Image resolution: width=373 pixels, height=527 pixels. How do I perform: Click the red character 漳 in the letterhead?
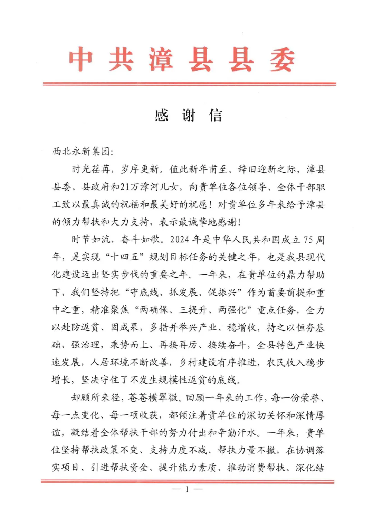point(161,60)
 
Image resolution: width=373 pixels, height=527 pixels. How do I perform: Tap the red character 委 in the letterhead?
point(282,60)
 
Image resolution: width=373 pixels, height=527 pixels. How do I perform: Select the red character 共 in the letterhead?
point(121,60)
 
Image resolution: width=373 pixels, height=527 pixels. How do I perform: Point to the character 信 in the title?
point(216,115)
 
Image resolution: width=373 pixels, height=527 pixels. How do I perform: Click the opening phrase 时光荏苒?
point(91,169)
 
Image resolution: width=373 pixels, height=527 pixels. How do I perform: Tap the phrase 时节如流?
point(91,239)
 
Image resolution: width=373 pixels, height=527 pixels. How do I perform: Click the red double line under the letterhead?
point(189,84)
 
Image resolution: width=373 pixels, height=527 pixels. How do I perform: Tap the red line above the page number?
point(188,481)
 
